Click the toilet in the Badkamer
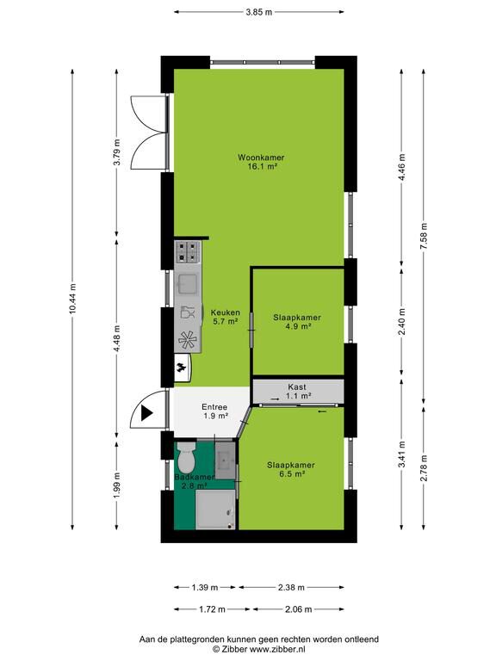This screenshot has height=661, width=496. click(x=186, y=457)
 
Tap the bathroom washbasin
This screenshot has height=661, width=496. click(x=225, y=460)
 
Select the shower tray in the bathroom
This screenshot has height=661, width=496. click(x=215, y=510)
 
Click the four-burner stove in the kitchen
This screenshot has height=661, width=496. click(x=187, y=251)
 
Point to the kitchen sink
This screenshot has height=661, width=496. click(x=187, y=284)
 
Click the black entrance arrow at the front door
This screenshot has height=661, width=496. click(x=146, y=413)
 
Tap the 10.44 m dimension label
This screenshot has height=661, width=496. click(x=73, y=299)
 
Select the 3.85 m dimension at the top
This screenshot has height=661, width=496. click(x=259, y=12)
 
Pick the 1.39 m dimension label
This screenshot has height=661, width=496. click(x=205, y=587)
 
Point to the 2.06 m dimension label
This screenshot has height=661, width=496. click(x=298, y=609)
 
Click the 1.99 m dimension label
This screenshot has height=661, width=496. click(x=117, y=485)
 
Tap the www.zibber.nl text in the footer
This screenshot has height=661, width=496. click(x=277, y=650)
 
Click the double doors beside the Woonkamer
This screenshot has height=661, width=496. click(x=150, y=133)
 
